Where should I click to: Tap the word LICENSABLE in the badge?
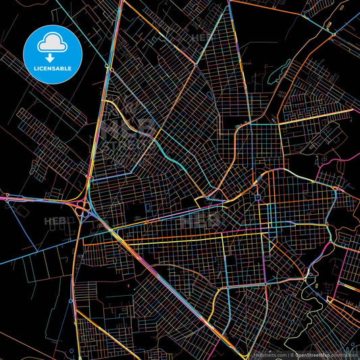53,68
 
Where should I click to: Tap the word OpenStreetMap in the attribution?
309,355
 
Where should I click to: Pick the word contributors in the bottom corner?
343,355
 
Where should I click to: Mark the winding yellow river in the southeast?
312,277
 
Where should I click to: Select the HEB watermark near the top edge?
201,37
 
